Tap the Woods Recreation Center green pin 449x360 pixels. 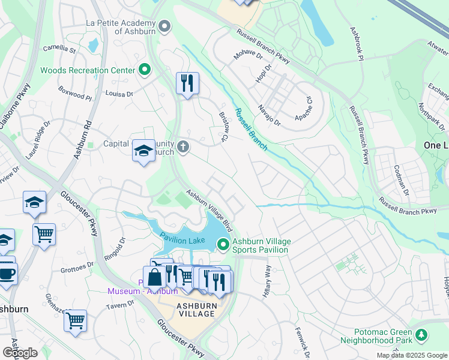coord(144,70)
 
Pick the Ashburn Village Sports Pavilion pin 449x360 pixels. coord(223,244)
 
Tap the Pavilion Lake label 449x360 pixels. coord(182,240)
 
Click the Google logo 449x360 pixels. coord(20,353)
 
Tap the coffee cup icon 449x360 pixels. coord(6,274)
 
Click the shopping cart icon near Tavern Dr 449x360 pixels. coord(75,321)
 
